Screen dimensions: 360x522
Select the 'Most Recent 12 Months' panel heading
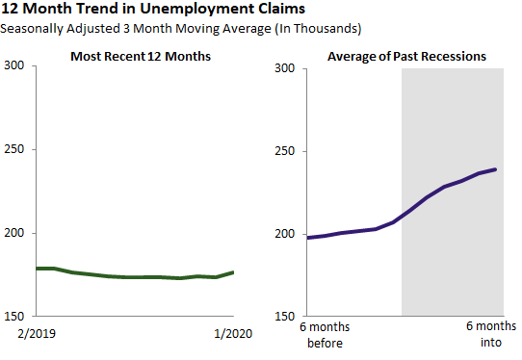[x=141, y=57]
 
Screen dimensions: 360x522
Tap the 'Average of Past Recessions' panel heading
[x=406, y=57]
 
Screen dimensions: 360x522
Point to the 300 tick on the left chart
[x=17, y=66]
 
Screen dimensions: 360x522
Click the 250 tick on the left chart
[x=17, y=150]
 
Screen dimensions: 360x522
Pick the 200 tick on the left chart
[x=17, y=233]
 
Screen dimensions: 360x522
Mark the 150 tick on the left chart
[x=17, y=316]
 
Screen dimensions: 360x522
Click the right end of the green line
[x=233, y=272]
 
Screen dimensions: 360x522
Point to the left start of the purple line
[x=306, y=238]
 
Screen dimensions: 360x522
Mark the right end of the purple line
[x=496, y=169]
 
